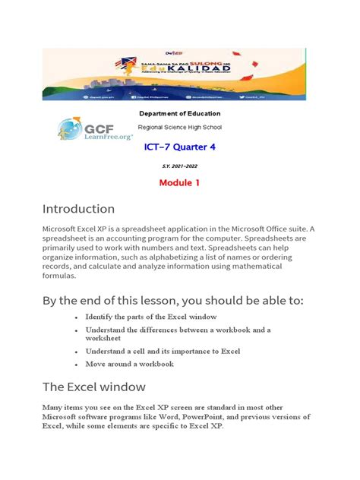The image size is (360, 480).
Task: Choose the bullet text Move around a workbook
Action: [130, 364]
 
